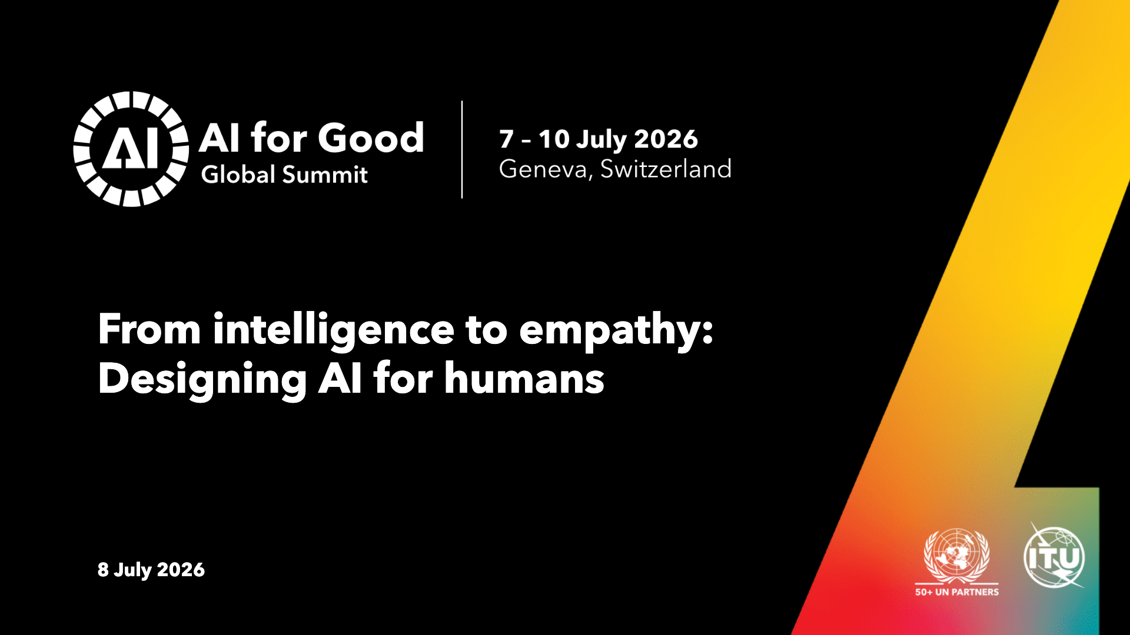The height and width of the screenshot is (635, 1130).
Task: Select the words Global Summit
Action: coord(284,175)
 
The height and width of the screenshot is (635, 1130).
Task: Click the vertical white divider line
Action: coord(462,149)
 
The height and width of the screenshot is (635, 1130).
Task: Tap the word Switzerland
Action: coord(666,169)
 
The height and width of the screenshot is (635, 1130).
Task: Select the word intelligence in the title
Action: coord(334,329)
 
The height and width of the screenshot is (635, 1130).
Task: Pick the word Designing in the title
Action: coord(202,379)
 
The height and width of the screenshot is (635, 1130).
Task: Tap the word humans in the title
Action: coord(524,378)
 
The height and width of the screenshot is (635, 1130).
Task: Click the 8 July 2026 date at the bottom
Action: coord(151,570)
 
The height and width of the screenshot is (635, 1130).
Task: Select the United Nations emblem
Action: coord(957,556)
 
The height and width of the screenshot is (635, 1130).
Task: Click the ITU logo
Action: coord(1054,556)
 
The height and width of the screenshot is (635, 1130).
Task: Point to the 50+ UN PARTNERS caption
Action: coord(957,592)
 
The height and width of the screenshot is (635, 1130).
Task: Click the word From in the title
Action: coord(149,329)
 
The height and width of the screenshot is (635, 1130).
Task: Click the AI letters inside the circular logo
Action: coord(131,148)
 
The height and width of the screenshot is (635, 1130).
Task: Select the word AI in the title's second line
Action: coord(340,378)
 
